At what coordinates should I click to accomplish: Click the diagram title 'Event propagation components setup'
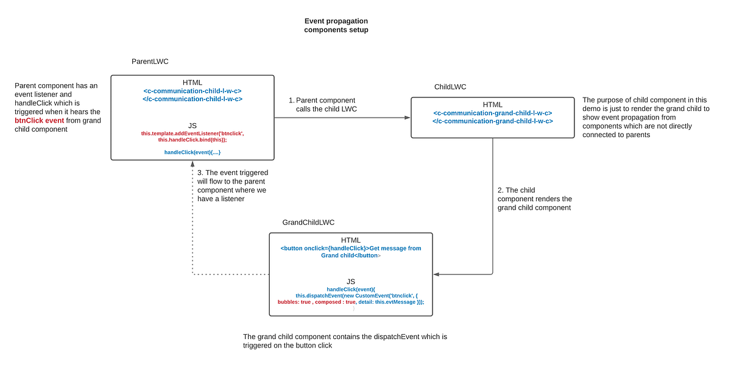coord(336,26)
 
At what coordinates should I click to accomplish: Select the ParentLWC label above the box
coord(150,62)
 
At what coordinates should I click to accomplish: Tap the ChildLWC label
coord(450,87)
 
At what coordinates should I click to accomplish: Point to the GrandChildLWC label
coord(308,223)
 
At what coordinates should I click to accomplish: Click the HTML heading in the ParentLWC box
coord(192,83)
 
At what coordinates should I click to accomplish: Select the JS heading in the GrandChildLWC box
coord(351,281)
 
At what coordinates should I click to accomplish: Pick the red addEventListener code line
coord(192,133)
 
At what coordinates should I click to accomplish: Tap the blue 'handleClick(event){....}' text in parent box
coord(192,152)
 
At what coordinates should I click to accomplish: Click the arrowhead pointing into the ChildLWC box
coord(407,118)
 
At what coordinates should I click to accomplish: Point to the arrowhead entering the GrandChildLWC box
coord(437,274)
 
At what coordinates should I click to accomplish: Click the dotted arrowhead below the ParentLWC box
coord(192,165)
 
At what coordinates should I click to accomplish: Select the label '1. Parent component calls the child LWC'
coord(322,104)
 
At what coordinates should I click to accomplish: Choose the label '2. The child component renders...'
coord(534,199)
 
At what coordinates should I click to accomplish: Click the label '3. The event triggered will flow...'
coord(231,186)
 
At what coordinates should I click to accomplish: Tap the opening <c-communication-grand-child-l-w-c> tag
coord(493,113)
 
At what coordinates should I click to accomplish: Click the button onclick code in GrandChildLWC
coord(351,252)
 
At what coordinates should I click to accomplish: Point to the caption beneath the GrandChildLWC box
coord(345,341)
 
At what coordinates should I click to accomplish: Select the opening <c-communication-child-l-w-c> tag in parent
coord(192,91)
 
